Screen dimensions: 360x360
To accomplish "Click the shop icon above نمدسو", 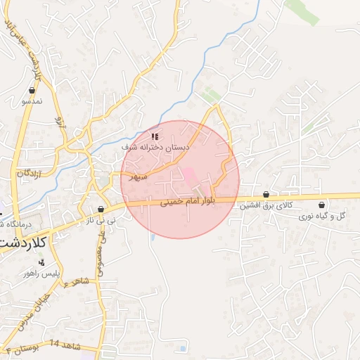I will [32, 90].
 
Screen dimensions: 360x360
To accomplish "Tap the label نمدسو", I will [32, 101].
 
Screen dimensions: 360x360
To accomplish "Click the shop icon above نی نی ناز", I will [102, 209].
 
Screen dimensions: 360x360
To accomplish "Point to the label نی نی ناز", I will [101, 221].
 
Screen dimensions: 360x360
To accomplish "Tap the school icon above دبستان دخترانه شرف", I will [155, 136].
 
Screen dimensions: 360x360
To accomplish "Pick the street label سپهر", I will [138, 176].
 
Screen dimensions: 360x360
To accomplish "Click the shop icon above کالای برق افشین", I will [266, 194].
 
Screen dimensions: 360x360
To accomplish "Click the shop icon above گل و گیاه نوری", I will [321, 205].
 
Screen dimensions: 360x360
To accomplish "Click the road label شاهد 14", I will [65, 345].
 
